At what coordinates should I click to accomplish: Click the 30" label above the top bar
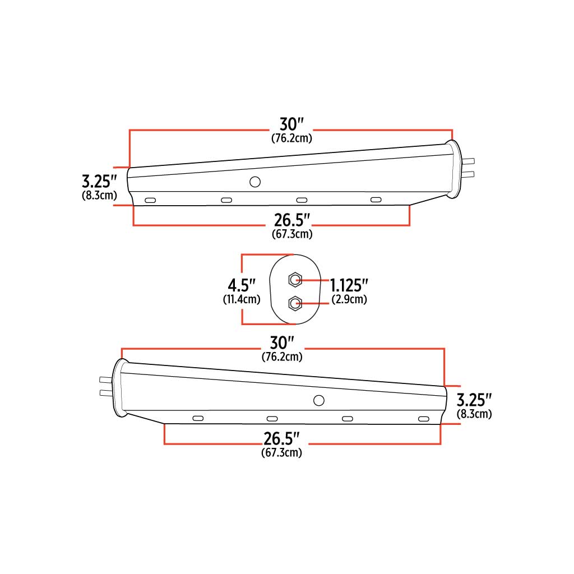tap(291, 124)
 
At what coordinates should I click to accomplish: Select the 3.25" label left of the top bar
tap(99, 182)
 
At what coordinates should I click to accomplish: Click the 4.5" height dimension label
tap(242, 285)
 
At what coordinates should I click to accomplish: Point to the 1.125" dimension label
tap(349, 285)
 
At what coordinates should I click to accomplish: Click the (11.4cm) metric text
tap(242, 299)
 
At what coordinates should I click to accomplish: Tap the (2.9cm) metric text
tap(349, 299)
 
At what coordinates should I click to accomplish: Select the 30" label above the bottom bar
tap(282, 342)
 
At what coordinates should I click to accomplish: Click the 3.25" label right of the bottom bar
tap(474, 400)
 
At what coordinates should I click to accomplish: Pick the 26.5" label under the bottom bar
tap(281, 438)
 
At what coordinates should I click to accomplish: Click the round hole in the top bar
tap(255, 182)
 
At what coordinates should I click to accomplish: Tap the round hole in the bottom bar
tap(319, 400)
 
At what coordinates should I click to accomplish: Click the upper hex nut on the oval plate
tap(294, 280)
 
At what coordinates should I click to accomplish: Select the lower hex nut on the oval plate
tap(294, 303)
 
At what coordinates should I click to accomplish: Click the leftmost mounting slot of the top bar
tap(150, 200)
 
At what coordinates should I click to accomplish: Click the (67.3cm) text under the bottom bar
tap(281, 453)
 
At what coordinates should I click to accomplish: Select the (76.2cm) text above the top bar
tap(291, 138)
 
